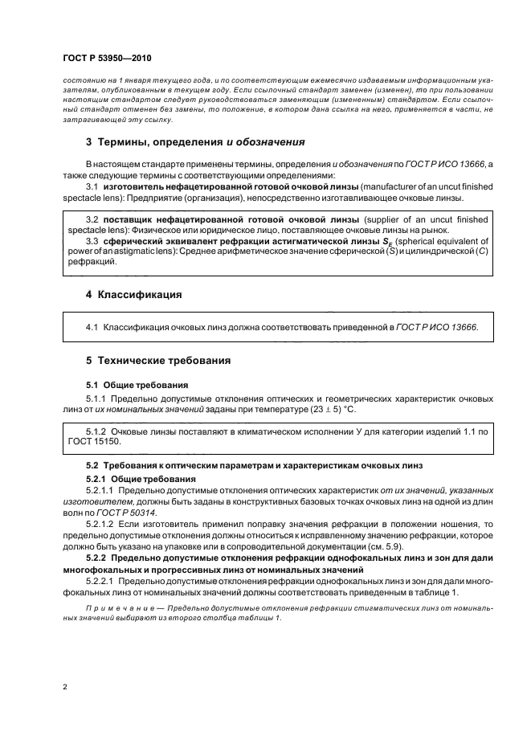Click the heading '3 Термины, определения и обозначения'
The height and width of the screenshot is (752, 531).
click(x=195, y=142)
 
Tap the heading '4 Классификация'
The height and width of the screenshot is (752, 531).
click(x=133, y=295)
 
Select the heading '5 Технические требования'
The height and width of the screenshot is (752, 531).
click(x=157, y=360)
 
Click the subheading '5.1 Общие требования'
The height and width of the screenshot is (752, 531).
click(x=137, y=386)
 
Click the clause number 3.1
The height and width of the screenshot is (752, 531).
click(x=92, y=186)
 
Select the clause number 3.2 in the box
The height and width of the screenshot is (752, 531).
click(x=92, y=219)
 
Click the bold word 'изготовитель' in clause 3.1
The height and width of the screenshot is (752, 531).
click(x=137, y=186)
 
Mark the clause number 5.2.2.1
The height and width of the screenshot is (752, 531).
click(x=102, y=580)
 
